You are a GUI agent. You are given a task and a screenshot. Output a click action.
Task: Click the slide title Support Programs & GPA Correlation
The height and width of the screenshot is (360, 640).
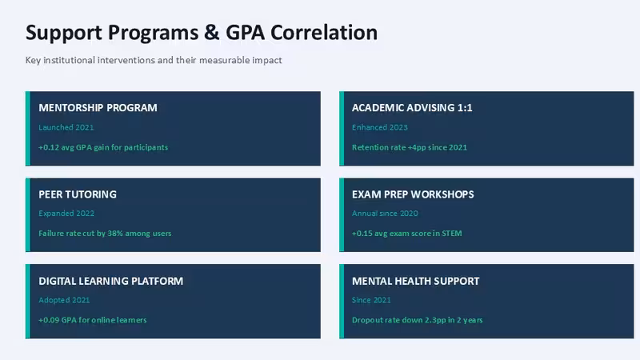[x=202, y=33]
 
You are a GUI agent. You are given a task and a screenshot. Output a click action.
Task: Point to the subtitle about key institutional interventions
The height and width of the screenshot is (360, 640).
[x=154, y=60]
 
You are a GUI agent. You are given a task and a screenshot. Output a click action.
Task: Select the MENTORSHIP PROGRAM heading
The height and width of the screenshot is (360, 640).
[x=98, y=108]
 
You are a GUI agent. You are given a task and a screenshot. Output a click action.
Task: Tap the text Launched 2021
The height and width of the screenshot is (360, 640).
[x=66, y=127]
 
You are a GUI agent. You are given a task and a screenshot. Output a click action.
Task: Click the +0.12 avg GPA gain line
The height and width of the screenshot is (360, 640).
[x=103, y=147]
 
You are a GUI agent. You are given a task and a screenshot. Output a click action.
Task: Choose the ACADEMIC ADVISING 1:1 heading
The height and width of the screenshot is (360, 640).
[x=412, y=108]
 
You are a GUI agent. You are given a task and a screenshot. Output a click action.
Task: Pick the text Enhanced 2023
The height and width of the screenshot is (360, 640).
[x=379, y=127]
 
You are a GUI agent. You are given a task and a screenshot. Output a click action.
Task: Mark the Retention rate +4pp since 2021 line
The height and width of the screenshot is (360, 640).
[x=410, y=147]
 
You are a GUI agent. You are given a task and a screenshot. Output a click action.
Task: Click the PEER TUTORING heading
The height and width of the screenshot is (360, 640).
[x=78, y=194]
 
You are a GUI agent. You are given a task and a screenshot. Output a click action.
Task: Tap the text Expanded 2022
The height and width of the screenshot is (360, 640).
[x=66, y=214]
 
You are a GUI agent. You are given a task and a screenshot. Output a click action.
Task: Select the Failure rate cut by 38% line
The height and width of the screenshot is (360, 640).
[x=105, y=234]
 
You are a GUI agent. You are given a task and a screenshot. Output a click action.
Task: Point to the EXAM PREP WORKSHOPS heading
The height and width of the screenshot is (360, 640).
[x=413, y=194]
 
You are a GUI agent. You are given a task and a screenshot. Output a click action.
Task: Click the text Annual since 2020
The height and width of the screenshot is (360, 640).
[x=385, y=214]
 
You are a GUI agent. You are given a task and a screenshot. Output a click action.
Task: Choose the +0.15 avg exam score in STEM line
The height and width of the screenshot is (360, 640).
[x=407, y=234]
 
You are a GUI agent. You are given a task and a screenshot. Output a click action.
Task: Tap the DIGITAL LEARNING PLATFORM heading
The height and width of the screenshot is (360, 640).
[x=111, y=281]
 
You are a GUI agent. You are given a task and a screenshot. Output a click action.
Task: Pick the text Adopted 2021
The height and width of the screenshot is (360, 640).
[x=64, y=300]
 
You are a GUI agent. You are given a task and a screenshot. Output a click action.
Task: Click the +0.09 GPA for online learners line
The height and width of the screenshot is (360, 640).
[x=93, y=320]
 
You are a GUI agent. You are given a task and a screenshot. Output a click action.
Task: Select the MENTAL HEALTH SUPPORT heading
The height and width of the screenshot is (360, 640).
[x=415, y=281]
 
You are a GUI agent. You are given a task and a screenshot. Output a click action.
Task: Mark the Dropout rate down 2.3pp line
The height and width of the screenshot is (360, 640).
[x=417, y=320]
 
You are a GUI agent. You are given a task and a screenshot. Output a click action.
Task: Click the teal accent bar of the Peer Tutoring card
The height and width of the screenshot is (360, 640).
[x=28, y=214]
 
